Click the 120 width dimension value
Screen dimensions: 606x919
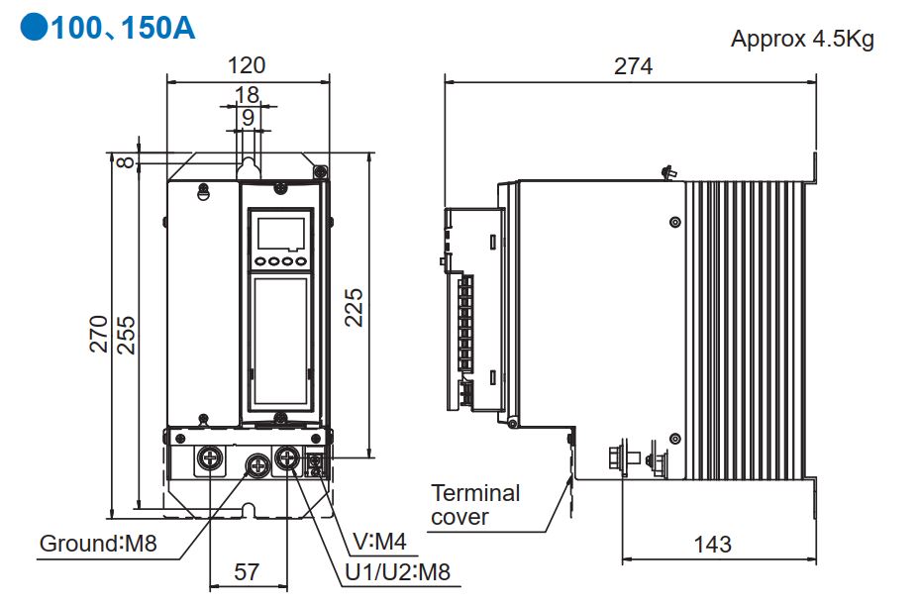point(247,65)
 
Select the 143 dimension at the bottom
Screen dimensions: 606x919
point(712,544)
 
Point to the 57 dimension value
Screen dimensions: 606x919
point(246,571)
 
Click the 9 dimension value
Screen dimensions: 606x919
point(247,117)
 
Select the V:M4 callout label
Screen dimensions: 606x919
point(379,541)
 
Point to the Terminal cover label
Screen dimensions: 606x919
point(474,504)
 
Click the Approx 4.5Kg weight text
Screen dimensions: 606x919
point(802,39)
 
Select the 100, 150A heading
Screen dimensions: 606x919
point(123,29)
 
